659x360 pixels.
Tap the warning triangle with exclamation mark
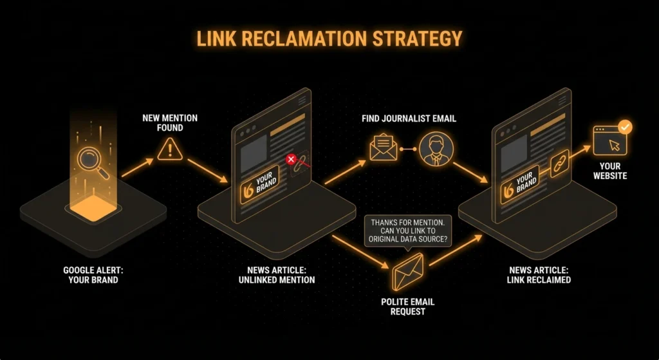(171, 150)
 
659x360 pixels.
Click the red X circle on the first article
(291, 159)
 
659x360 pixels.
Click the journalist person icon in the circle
(436, 149)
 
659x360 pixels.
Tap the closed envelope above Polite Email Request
(407, 271)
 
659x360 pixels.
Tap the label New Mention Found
(170, 122)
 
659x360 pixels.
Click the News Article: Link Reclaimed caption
(539, 275)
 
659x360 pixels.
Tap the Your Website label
(609, 171)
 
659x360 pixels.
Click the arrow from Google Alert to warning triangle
(136, 169)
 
